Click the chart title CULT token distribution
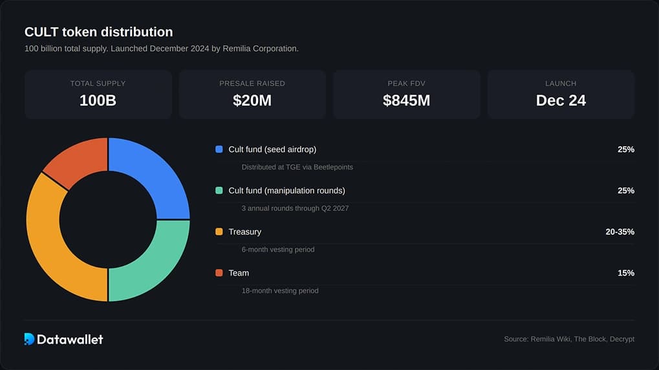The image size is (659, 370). [x=98, y=32]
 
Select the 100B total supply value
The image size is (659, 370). [x=98, y=100]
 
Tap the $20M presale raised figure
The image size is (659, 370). [x=252, y=100]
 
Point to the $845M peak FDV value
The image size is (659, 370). [x=406, y=100]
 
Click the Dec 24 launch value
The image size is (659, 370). [x=561, y=100]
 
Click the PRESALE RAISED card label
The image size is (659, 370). [x=252, y=83]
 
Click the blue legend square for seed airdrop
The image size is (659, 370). [x=219, y=149]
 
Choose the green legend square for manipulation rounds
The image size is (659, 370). [x=219, y=191]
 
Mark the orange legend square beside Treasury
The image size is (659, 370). [x=219, y=232]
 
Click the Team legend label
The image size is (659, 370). [x=239, y=273]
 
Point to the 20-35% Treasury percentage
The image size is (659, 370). [x=620, y=232]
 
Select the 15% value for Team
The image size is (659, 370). [x=625, y=273]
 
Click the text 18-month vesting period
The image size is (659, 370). [x=280, y=290]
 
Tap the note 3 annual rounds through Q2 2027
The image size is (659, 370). [x=295, y=208]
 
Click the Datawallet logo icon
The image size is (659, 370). [x=29, y=339]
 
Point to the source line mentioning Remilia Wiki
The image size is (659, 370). [x=569, y=339]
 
